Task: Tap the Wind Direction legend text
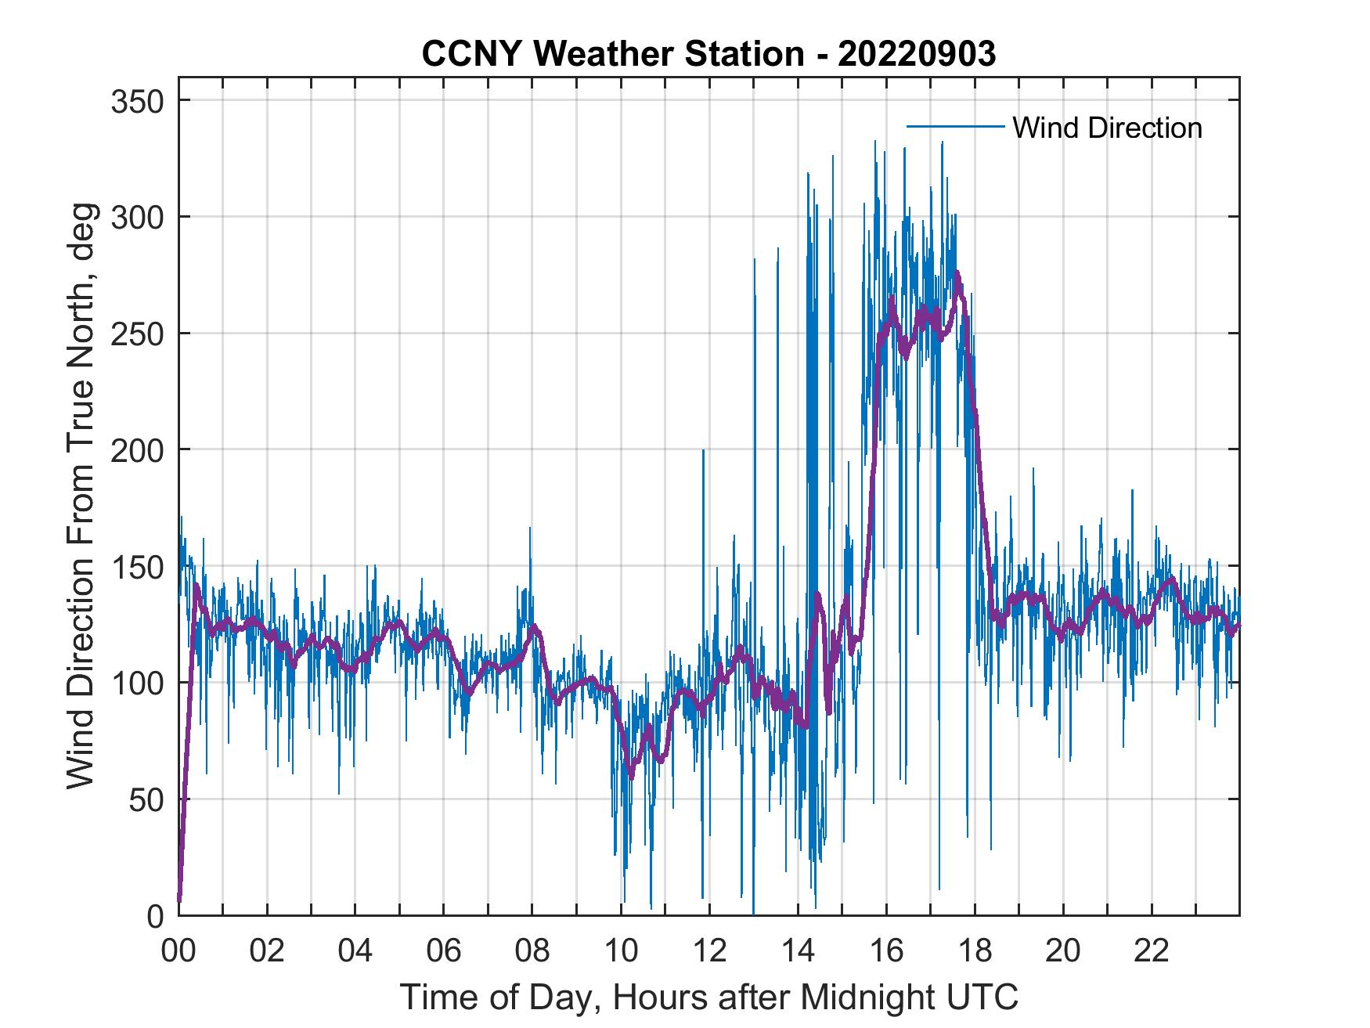click(x=1107, y=128)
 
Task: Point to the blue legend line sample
click(x=955, y=126)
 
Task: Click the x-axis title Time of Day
click(x=708, y=997)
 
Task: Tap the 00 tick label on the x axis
click(x=178, y=952)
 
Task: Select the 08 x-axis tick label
click(x=532, y=952)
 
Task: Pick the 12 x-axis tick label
click(x=709, y=952)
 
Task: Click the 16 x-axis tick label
click(x=886, y=952)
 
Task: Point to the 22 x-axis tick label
click(x=1152, y=952)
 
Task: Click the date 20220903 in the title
click(x=916, y=54)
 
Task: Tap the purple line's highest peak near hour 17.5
click(x=957, y=273)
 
